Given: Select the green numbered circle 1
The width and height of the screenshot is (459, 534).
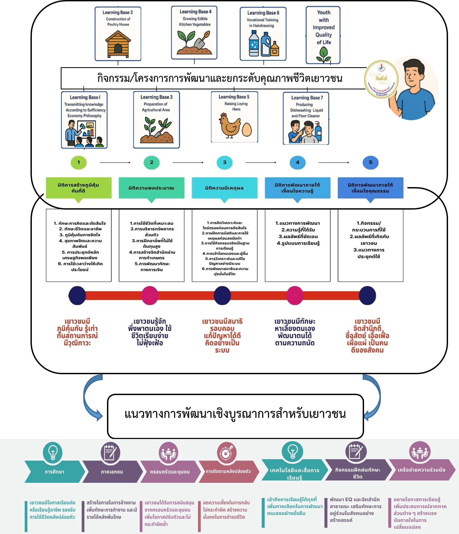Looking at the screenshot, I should [x=79, y=162].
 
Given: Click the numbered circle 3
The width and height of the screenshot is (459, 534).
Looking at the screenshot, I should [x=224, y=162].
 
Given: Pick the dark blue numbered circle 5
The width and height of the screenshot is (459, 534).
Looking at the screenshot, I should [x=370, y=162].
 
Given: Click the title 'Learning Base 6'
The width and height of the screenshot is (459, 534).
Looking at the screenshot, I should [x=263, y=13].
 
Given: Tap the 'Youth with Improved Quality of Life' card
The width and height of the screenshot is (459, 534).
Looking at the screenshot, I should [x=323, y=35].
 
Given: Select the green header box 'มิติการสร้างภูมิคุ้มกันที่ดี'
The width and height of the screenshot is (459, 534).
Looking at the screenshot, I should [x=79, y=188].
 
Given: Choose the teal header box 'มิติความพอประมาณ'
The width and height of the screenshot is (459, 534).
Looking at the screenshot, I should [x=151, y=188].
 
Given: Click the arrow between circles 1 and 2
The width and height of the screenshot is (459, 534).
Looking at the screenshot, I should [x=115, y=162].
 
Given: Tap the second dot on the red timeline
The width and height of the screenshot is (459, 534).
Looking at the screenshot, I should [x=150, y=295].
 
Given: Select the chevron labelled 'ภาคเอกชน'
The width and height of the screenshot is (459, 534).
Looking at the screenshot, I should [x=112, y=472].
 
